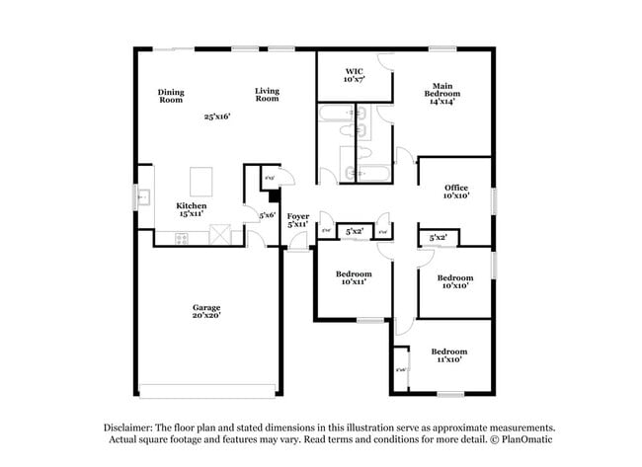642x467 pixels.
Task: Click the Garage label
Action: click(205, 311)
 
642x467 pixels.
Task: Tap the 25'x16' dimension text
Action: click(216, 117)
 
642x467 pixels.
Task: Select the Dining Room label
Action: click(171, 96)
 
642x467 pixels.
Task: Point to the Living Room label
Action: click(267, 95)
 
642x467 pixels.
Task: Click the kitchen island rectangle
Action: click(201, 180)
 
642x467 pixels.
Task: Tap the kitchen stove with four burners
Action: click(182, 238)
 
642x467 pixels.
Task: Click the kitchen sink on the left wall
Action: click(144, 197)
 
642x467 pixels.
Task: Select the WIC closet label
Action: click(354, 74)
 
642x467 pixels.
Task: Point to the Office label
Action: click(455, 192)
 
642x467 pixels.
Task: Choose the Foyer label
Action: click(297, 220)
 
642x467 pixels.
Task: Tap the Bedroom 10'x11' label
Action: click(353, 277)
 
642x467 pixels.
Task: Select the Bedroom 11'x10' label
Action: click(448, 355)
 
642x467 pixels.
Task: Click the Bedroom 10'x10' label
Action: click(454, 281)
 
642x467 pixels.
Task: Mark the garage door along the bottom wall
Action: click(205, 388)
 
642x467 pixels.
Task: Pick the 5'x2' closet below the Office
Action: click(439, 237)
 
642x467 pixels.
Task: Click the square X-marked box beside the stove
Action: click(221, 235)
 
